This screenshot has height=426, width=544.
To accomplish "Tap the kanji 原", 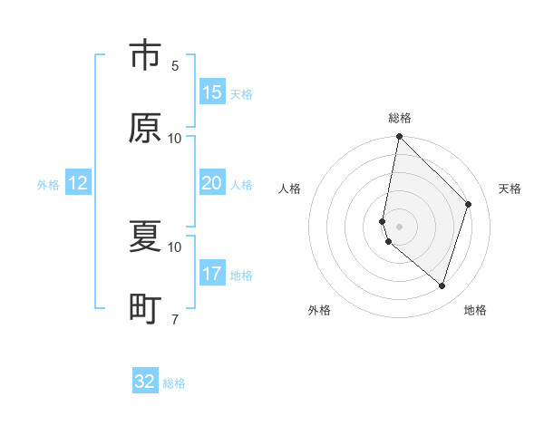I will tap(145, 129).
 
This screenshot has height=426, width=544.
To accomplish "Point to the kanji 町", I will tap(145, 310).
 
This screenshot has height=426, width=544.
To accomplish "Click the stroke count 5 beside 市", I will tap(175, 65).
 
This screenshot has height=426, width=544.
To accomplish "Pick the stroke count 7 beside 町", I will tap(175, 319).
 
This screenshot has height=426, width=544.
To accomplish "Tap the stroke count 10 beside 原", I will tap(175, 138).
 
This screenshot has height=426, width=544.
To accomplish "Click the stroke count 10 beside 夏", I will tap(175, 247).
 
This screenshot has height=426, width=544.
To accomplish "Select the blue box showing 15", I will tap(212, 92).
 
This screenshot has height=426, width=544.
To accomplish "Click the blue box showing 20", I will tap(212, 183).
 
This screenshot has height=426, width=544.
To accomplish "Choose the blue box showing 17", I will tap(212, 273).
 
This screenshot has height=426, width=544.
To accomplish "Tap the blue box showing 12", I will tap(78, 183).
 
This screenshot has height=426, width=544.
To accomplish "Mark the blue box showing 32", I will tap(145, 382).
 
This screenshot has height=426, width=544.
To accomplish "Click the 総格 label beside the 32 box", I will tap(174, 383).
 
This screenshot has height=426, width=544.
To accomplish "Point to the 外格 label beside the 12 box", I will tap(48, 185).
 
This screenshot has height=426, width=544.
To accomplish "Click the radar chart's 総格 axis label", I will tap(400, 118).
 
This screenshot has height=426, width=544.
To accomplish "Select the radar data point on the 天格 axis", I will tap(469, 204).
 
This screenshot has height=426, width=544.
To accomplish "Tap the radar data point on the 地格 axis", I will tap(442, 286).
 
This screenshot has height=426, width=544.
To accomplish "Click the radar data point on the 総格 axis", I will tap(399, 137).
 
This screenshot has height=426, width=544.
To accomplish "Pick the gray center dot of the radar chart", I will tap(399, 226).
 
